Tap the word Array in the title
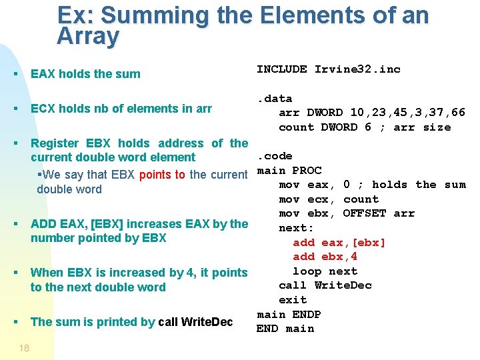(x=88, y=37)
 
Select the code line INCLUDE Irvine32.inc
(x=329, y=69)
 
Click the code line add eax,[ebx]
(x=339, y=243)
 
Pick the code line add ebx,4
(x=325, y=257)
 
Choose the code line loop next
(x=325, y=271)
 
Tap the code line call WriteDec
(x=325, y=285)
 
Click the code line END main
(x=285, y=329)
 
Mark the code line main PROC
(x=289, y=171)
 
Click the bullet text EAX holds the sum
(x=85, y=74)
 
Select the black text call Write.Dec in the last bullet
(x=195, y=322)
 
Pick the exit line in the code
(x=293, y=300)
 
